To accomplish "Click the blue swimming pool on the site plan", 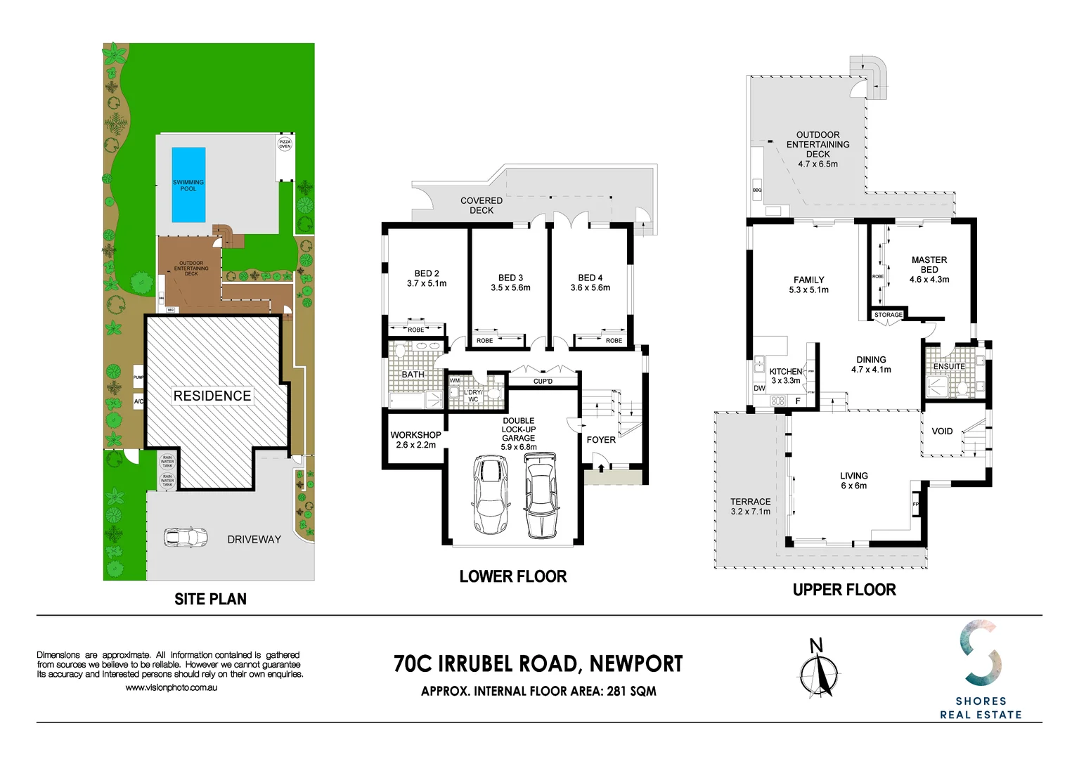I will pos(188,184).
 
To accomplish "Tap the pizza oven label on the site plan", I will pos(285,144).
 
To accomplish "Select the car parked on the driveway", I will pos(186,538).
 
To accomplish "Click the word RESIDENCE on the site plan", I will pos(212,396).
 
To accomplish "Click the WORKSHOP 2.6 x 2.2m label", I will pos(415,440).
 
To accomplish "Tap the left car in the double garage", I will pos(490,495).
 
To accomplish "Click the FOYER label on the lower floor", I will pos(601,440).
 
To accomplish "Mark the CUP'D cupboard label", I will pos(543,382).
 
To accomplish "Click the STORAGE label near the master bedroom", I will pos(889,315).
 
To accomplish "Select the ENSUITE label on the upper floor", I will pos(949,366).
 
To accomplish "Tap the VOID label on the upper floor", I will pos(942,432).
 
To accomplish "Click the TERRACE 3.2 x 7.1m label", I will pos(750,506).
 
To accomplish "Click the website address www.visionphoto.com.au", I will pos(171,687).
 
